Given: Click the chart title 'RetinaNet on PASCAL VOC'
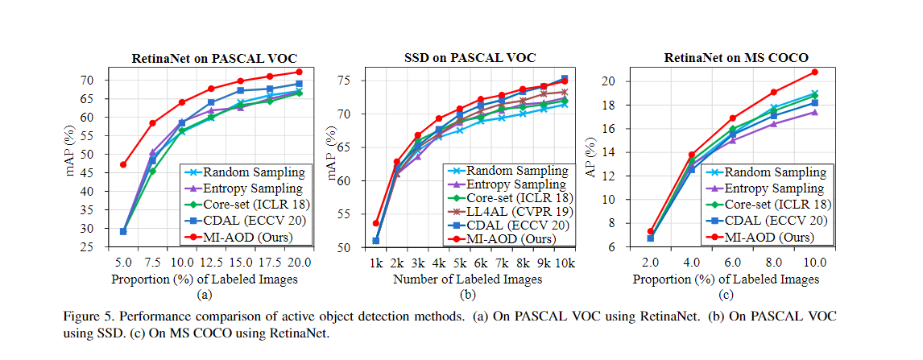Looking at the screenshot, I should click(214, 58).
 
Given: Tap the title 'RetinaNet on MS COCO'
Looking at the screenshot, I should click(735, 58).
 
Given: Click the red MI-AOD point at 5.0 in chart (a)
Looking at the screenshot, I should click(123, 164).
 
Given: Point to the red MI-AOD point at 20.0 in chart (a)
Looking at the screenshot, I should click(299, 72).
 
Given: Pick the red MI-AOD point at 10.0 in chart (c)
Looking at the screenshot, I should click(814, 72).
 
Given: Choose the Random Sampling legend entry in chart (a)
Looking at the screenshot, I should click(244, 172).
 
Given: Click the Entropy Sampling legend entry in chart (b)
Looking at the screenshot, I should click(511, 184).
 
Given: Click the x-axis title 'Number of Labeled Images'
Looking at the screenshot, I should click(468, 279).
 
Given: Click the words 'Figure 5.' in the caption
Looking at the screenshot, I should click(85, 317).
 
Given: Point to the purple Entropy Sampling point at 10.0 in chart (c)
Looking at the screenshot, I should click(814, 112).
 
